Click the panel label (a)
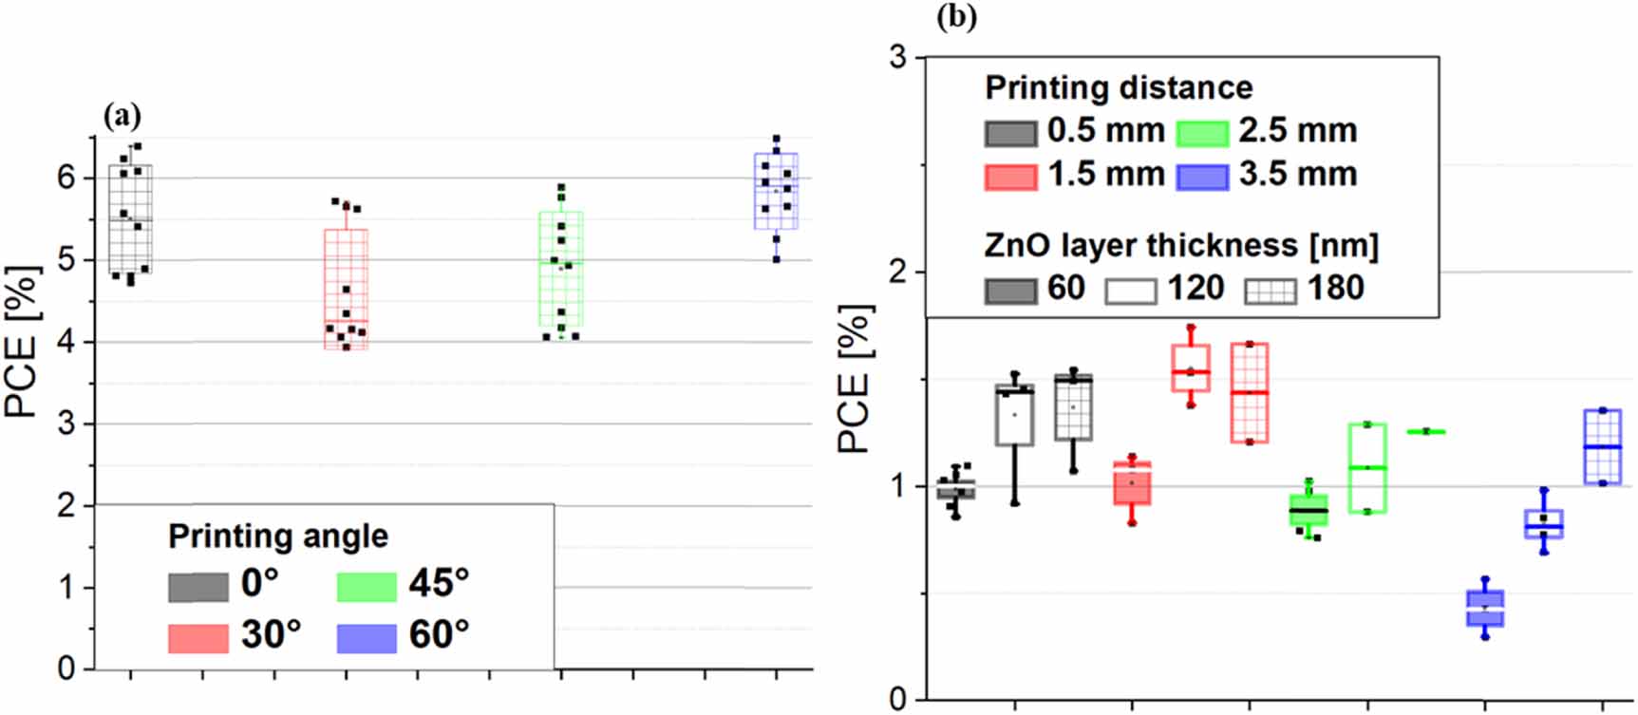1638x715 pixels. click(122, 116)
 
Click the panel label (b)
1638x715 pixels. click(956, 16)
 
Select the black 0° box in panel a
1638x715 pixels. click(130, 218)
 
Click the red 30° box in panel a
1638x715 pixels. click(346, 289)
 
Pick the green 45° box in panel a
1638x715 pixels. click(560, 269)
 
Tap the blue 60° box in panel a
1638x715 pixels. click(776, 191)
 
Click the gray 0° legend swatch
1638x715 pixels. click(198, 587)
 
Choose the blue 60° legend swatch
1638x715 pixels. click(367, 638)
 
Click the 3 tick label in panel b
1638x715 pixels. click(897, 57)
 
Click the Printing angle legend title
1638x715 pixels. click(278, 536)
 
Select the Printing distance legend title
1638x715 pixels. click(1119, 87)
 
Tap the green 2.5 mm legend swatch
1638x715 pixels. click(1203, 132)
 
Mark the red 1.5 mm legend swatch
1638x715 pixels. click(1010, 176)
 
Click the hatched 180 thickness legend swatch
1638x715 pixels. click(1270, 289)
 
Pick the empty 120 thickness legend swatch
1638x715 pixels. click(1131, 289)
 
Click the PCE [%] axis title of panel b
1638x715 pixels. click(854, 380)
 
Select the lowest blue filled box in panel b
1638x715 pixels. click(1485, 608)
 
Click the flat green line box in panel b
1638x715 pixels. click(1425, 431)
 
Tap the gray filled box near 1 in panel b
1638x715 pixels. click(955, 490)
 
